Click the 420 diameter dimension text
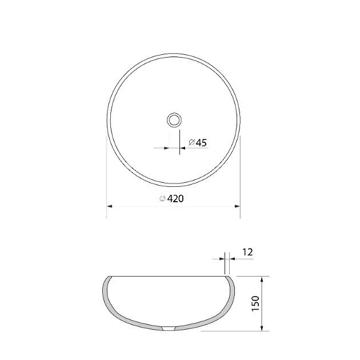tap(171, 199)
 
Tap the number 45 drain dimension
tap(201, 143)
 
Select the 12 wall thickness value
tap(247, 252)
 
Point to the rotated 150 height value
tap(255, 303)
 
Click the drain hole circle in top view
tap(174, 120)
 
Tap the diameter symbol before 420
tap(162, 199)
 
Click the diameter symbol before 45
tap(191, 142)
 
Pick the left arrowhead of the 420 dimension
tap(110, 206)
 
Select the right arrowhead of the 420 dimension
tap(237, 206)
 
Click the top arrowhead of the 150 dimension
tap(262, 279)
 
